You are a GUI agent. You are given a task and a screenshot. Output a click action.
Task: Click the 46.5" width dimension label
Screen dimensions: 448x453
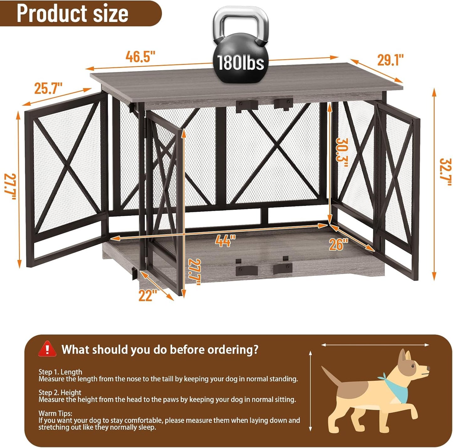140,57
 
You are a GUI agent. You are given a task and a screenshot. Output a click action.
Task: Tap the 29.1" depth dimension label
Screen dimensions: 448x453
390,60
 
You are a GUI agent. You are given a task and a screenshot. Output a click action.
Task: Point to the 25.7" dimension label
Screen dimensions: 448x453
48,88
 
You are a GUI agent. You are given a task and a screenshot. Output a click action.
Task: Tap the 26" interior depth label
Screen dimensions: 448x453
339,244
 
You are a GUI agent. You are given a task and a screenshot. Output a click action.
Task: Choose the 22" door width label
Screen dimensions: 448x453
148,295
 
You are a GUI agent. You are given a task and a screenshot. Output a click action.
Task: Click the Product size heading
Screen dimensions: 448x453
72,13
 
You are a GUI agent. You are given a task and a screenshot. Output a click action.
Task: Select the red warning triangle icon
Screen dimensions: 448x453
47,349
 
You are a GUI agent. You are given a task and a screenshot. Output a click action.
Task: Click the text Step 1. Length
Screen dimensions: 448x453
60,372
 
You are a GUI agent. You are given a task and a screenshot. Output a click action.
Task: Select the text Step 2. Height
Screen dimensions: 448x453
60,393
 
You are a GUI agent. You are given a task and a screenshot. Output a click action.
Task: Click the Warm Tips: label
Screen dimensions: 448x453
55,413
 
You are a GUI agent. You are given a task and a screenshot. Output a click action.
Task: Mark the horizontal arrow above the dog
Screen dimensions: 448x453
375,345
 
